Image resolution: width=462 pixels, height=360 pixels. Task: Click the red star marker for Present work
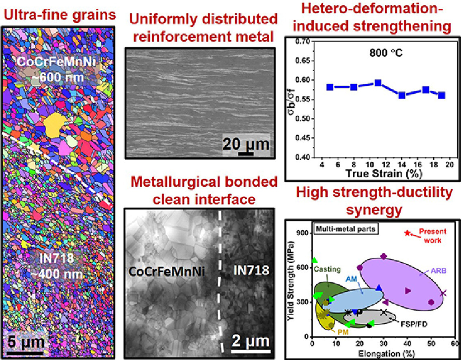(407, 233)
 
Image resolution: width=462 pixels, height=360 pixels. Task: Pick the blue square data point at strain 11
(378, 83)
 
